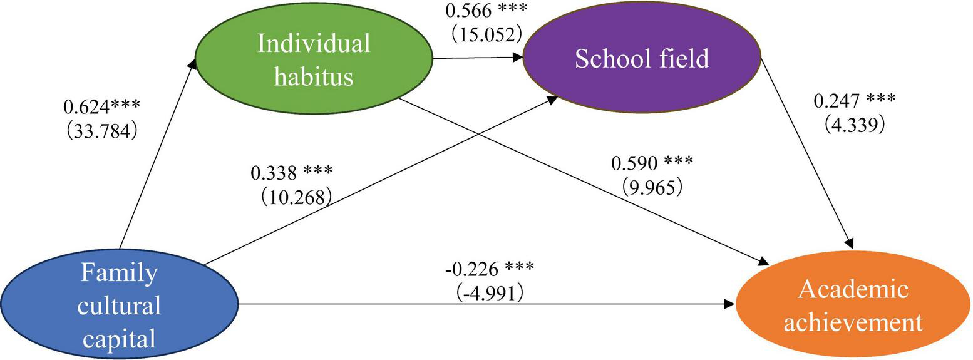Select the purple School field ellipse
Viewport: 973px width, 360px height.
641,58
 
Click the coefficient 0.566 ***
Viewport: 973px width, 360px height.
486,11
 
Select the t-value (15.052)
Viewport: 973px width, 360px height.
486,33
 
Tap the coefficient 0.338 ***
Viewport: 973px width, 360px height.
292,172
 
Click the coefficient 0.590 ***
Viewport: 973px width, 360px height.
652,163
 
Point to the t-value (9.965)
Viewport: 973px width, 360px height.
652,187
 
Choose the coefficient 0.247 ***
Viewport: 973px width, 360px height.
854,100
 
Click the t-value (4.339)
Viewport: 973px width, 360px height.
854,125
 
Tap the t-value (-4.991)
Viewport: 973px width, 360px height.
486,292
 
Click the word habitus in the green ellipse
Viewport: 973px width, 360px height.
314,76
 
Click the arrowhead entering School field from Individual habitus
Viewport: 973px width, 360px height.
518,58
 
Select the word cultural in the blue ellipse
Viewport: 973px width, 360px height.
120,307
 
